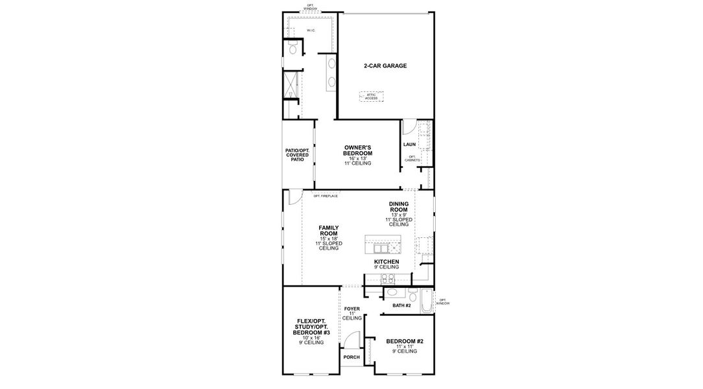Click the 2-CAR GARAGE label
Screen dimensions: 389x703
pos(385,66)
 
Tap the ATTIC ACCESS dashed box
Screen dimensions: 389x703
pos(372,97)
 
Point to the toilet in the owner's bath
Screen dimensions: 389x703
pos(292,49)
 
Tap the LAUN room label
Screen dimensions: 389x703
pos(409,145)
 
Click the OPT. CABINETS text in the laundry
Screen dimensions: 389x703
pos(414,158)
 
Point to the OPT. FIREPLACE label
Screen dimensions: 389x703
pos(326,196)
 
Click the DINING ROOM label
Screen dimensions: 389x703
pos(398,207)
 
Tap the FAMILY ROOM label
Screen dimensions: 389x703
pos(329,231)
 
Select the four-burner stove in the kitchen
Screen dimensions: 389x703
pos(387,279)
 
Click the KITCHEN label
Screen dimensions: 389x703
pos(387,261)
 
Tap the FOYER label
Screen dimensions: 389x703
pos(351,309)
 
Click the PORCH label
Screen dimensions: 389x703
pos(351,357)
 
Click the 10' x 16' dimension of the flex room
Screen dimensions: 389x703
pos(311,338)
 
